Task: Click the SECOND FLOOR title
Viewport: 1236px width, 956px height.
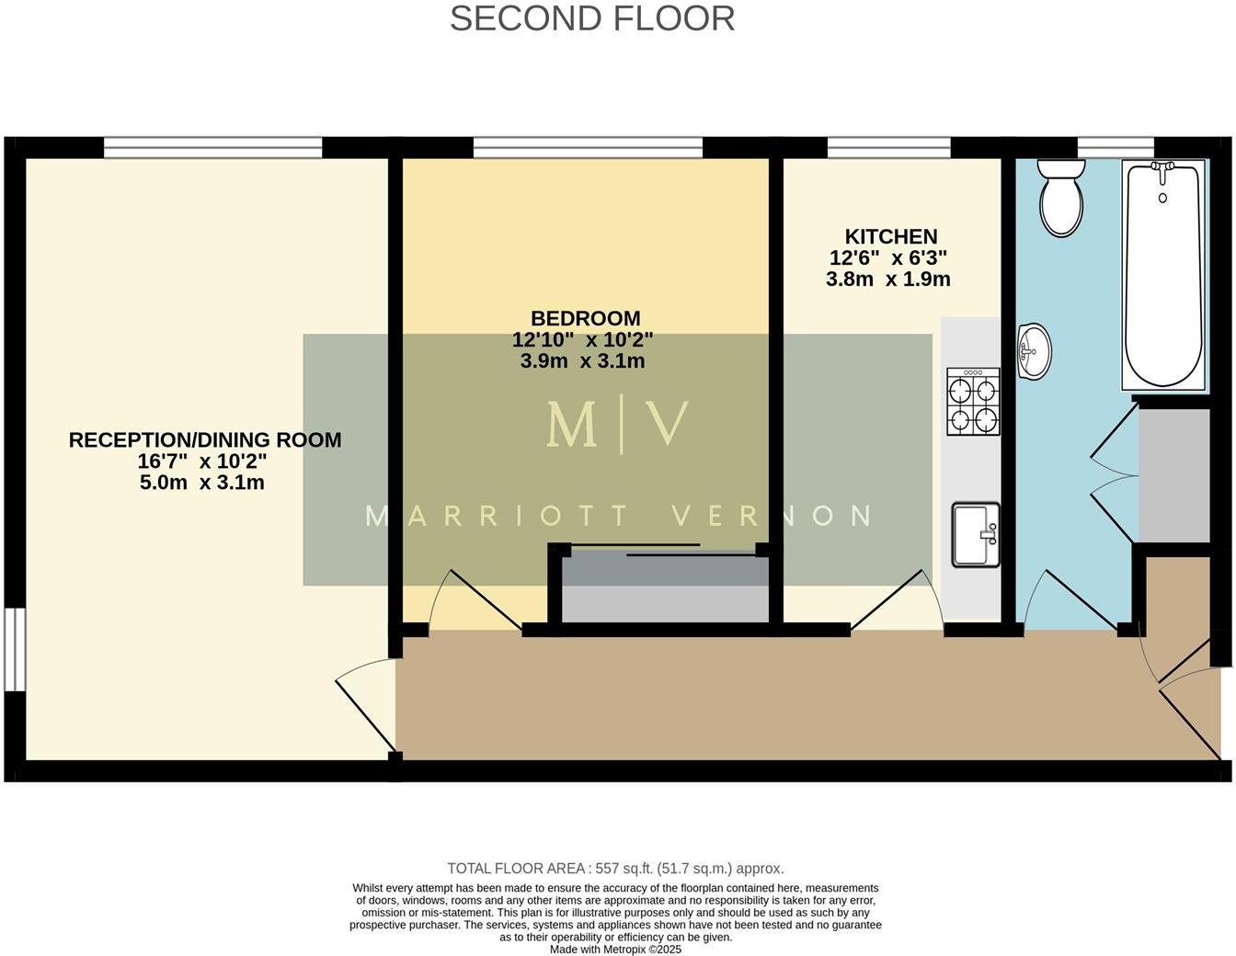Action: tap(592, 18)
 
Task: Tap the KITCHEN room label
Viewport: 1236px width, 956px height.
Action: tap(890, 236)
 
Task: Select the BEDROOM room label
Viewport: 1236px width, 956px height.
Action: tap(585, 318)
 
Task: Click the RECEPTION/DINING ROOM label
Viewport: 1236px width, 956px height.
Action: tap(205, 439)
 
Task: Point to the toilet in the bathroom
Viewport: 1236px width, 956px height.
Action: tap(1060, 198)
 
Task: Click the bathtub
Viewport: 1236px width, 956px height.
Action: tap(1163, 276)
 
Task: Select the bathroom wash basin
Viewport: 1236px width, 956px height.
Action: tap(1035, 350)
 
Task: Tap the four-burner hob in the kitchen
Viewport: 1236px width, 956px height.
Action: tap(973, 401)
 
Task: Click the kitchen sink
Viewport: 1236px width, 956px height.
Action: tap(975, 534)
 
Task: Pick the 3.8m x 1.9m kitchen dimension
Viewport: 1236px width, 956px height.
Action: tap(887, 279)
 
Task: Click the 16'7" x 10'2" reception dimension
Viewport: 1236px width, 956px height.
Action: tap(202, 461)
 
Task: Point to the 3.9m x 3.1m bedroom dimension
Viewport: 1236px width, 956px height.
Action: tap(582, 361)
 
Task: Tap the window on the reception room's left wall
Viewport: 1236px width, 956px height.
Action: tap(14, 648)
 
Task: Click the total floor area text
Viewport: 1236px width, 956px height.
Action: tap(615, 868)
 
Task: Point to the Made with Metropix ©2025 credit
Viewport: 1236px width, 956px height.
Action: tap(615, 950)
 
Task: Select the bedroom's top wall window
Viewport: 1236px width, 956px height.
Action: tap(588, 147)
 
